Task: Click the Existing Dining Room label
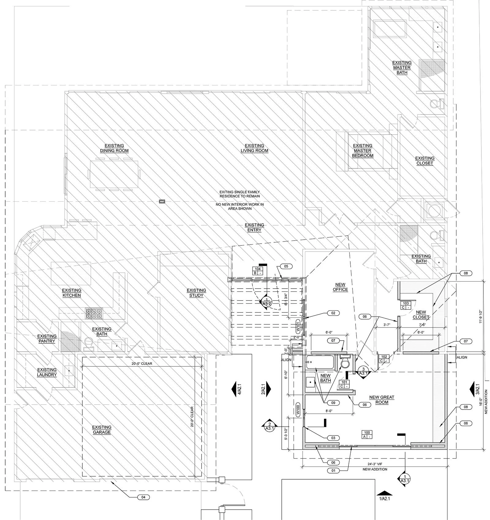pos(114,148)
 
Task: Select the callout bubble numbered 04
pos(144,497)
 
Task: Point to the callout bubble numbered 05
pos(286,266)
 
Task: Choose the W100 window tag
pos(297,410)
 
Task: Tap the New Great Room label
pos(382,400)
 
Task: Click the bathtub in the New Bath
pos(320,362)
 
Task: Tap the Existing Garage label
pos(102,430)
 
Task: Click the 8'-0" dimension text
pos(329,411)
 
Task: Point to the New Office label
pos(340,287)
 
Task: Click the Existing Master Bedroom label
pos(363,151)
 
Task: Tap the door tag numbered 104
pos(258,271)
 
